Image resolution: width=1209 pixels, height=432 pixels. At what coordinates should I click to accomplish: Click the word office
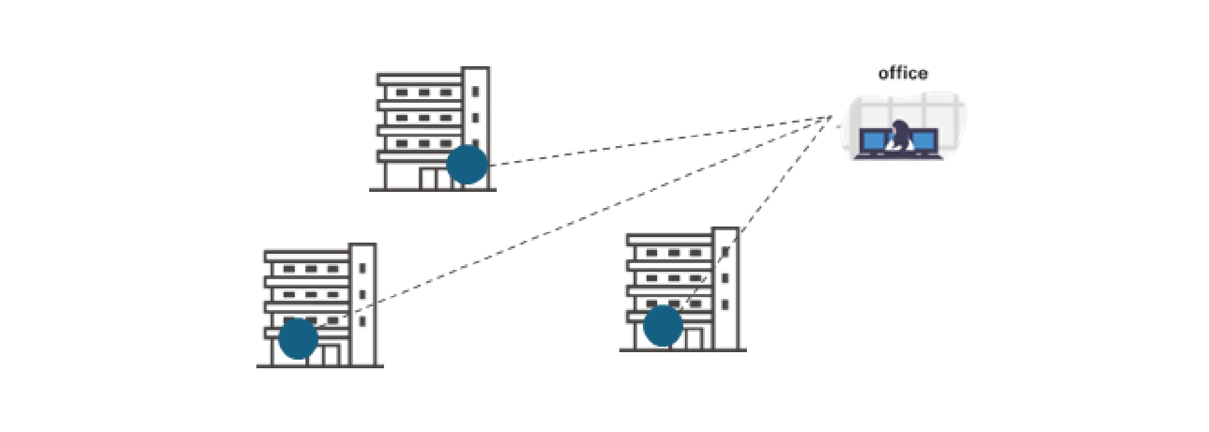pyautogui.click(x=902, y=73)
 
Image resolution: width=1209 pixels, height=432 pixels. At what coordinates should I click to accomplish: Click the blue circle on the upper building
pyautogui.click(x=467, y=165)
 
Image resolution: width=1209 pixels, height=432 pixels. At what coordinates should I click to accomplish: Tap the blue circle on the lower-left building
pyautogui.click(x=298, y=339)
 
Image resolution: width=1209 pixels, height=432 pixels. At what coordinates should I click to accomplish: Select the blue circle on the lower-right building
pyautogui.click(x=663, y=326)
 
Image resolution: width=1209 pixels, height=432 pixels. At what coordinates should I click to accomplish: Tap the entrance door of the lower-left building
pyautogui.click(x=331, y=355)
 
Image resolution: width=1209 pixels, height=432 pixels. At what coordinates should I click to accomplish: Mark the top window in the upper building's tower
pyautogui.click(x=475, y=92)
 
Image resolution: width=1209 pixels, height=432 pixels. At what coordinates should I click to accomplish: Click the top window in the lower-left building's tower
pyautogui.click(x=362, y=269)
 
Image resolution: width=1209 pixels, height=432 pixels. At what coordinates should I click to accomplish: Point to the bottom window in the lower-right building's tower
pyautogui.click(x=725, y=305)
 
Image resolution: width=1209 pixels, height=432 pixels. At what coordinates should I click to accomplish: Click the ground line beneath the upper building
pyautogui.click(x=432, y=190)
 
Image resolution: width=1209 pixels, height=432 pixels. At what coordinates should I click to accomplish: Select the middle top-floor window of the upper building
pyautogui.click(x=424, y=93)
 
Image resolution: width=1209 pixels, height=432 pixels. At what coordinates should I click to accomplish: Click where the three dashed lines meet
pyautogui.click(x=831, y=116)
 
